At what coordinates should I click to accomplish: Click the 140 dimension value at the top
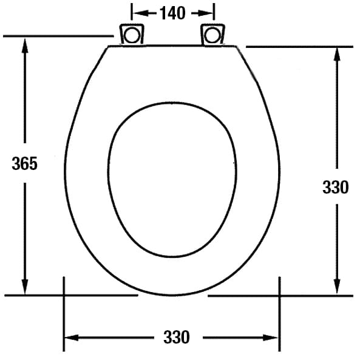172,13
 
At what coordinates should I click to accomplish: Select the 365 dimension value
25,163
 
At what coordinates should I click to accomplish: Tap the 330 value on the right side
335,188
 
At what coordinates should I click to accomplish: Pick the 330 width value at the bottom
176,336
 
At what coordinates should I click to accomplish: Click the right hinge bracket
212,34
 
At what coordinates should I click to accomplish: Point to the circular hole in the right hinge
212,35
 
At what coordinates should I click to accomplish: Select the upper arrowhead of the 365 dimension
25,44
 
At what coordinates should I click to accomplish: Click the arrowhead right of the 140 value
209,13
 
